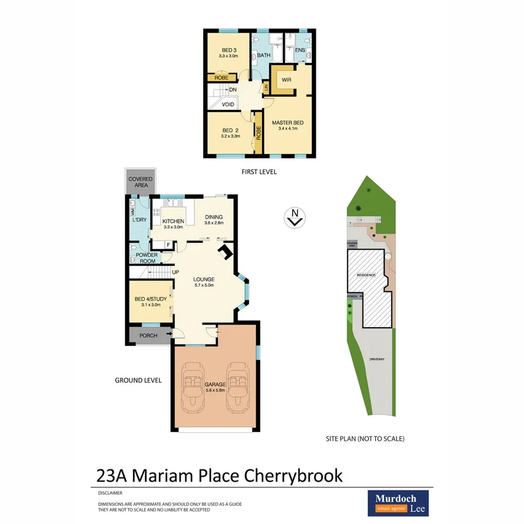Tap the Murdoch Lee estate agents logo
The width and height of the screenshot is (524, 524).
[398, 503]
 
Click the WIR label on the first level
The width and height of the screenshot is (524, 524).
[279, 80]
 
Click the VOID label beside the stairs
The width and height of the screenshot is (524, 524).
[228, 105]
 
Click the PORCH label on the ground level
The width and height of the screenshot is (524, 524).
[148, 336]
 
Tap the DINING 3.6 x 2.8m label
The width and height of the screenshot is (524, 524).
[214, 220]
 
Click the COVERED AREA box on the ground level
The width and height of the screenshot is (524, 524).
[141, 182]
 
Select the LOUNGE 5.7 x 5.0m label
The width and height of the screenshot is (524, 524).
[204, 282]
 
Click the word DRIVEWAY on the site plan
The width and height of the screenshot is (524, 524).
[377, 358]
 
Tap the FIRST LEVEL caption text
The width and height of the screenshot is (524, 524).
[259, 172]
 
